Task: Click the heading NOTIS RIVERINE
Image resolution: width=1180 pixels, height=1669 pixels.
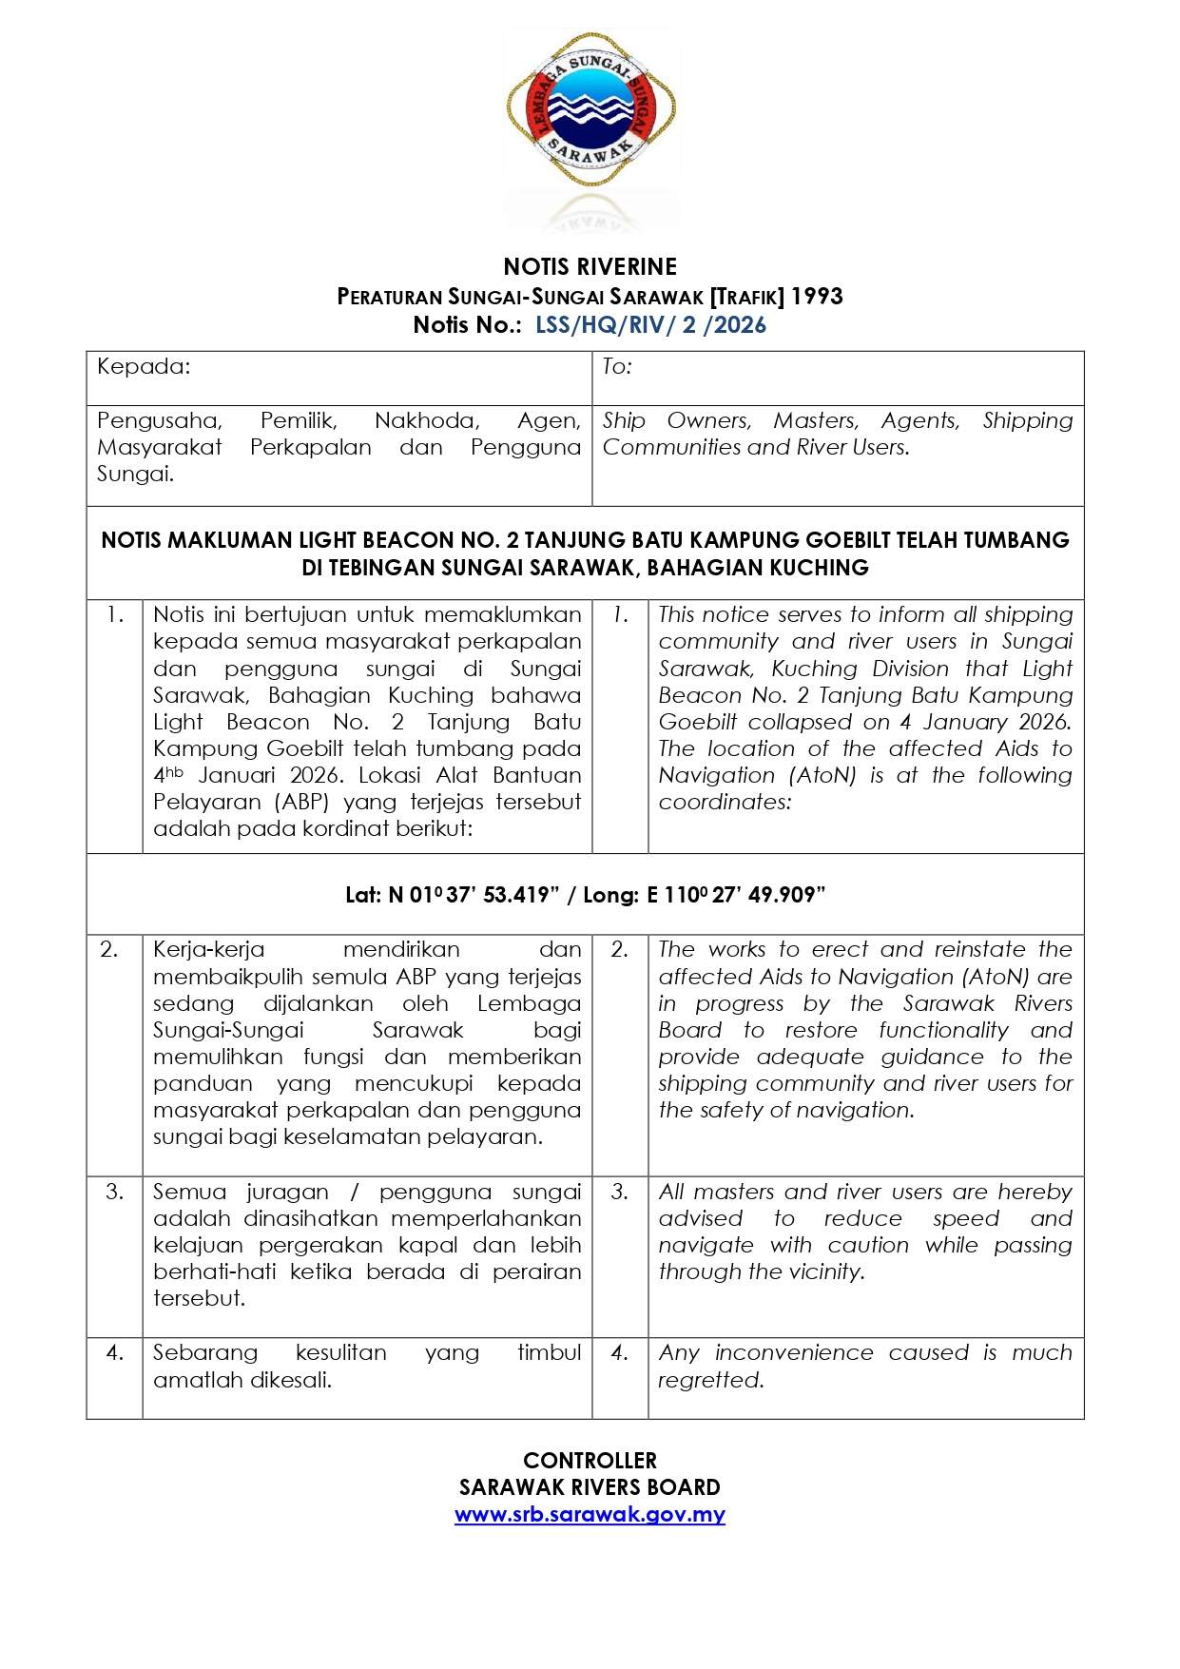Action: [590, 266]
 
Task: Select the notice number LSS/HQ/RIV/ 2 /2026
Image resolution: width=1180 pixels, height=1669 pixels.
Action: [650, 325]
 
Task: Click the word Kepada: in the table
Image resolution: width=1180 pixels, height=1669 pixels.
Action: [144, 367]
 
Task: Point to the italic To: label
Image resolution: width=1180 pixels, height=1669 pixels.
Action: [617, 367]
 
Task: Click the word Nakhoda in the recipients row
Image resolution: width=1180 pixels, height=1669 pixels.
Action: [427, 420]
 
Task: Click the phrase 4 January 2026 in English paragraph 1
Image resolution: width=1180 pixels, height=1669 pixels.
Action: [985, 722]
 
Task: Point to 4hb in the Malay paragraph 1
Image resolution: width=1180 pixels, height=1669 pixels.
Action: [168, 775]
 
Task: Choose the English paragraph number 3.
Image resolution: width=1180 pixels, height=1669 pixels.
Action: [619, 1192]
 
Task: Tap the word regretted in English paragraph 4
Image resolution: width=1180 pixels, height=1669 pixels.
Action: [710, 1380]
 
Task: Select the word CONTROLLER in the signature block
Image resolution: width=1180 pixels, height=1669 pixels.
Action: [590, 1461]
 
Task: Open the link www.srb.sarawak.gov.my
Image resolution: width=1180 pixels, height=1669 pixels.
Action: [590, 1515]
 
